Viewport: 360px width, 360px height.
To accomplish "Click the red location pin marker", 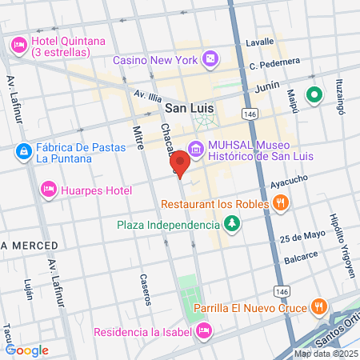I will (180, 163).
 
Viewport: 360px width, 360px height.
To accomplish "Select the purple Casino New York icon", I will (210, 58).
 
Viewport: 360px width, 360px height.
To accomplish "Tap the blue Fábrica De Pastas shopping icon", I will (24, 150).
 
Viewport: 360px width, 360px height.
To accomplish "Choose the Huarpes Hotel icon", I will (47, 190).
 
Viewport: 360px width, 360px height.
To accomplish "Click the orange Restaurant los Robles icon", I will (279, 203).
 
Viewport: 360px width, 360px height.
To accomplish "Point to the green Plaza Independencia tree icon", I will (232, 223).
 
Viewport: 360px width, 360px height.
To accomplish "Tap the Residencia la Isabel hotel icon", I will (204, 330).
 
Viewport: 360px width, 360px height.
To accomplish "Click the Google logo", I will (26, 350).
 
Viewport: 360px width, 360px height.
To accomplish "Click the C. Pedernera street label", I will (274, 62).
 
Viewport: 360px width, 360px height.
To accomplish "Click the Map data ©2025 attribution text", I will (325, 354).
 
